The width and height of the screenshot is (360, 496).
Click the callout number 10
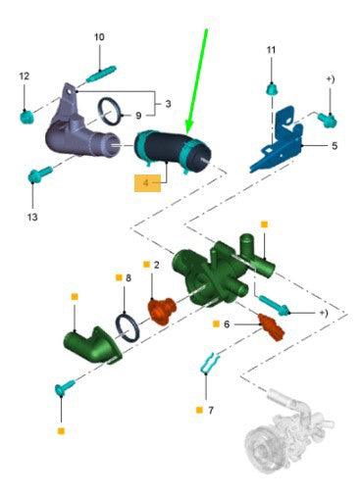[99, 37]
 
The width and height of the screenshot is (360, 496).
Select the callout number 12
[25, 76]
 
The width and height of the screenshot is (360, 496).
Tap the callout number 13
[32, 217]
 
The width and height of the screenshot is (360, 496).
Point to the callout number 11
[271, 50]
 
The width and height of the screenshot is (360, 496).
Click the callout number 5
[334, 146]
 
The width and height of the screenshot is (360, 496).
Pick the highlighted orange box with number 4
[148, 183]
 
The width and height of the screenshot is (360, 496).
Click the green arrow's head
[189, 126]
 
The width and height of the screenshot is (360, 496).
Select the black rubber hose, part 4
[173, 152]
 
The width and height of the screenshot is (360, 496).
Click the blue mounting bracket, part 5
[278, 139]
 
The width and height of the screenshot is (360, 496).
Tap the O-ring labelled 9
[110, 112]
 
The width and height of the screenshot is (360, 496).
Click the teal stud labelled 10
[101, 74]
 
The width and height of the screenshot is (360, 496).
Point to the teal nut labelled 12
[26, 118]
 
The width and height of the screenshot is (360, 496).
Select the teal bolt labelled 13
[40, 174]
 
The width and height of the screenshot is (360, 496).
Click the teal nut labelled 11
[272, 89]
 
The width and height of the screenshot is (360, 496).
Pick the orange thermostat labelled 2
[163, 311]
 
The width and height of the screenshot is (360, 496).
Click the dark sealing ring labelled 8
[128, 328]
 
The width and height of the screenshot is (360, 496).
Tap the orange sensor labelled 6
[271, 327]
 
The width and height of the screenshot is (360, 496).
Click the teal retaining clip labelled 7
[210, 364]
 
